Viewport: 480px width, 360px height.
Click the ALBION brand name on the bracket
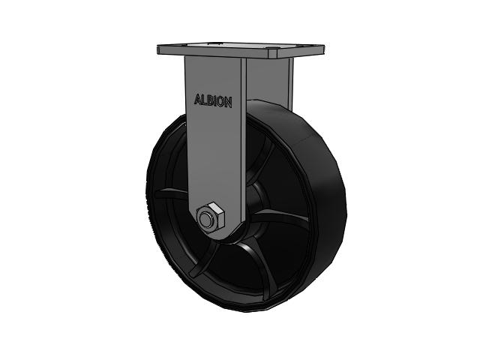213,101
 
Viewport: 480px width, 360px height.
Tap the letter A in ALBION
198,100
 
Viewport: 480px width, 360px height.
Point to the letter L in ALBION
205,100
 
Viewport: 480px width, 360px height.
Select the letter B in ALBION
211,100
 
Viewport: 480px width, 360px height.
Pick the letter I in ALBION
216,101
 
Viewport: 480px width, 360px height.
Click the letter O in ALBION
221,102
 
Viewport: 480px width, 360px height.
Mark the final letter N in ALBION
229,103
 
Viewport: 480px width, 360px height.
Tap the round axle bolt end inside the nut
205,218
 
